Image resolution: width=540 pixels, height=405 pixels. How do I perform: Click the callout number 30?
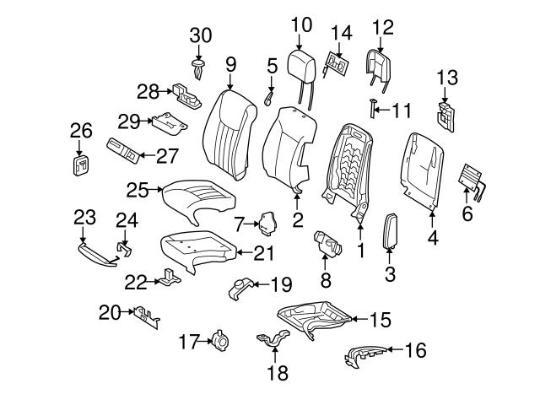pos(200,35)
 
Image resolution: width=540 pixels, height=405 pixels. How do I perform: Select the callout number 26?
pos(80,130)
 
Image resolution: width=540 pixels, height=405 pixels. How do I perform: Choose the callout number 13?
pos(446,78)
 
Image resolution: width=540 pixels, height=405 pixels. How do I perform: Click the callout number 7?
pos(239,224)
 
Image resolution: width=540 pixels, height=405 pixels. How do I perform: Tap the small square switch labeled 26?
pos(80,165)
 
